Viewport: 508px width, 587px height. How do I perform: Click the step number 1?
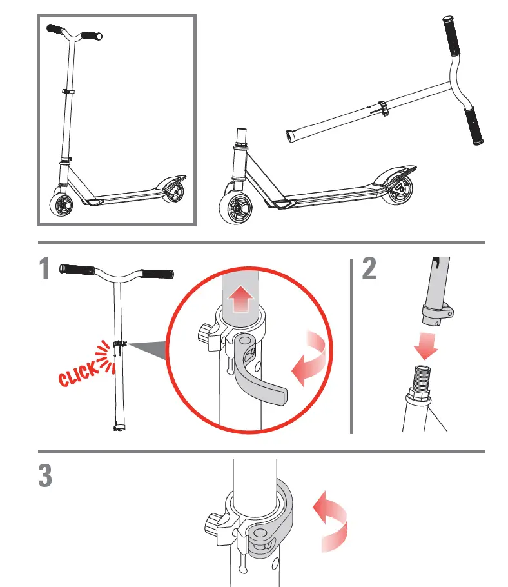(x=44, y=269)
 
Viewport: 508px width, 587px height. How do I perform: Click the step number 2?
(x=369, y=269)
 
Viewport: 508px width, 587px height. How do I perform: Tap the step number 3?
(x=44, y=476)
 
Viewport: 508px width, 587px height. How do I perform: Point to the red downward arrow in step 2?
(x=426, y=346)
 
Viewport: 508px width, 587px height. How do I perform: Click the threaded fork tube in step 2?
(x=417, y=381)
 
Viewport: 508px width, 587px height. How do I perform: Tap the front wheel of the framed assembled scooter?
(x=63, y=205)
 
